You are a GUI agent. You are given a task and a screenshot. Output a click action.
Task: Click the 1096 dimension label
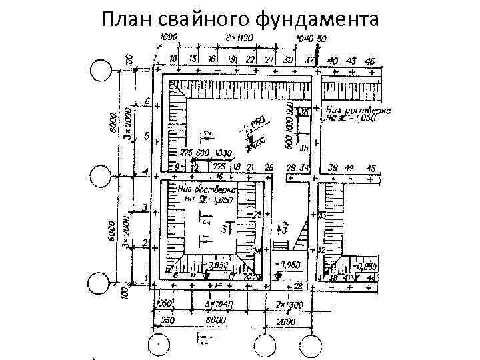(x=169, y=39)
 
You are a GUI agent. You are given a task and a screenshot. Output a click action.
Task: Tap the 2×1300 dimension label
(x=289, y=305)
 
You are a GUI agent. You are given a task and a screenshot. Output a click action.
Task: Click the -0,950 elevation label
(x=291, y=265)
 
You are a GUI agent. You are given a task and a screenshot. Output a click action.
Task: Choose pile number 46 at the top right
(x=369, y=61)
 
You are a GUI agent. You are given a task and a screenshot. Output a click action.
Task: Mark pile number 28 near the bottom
(x=297, y=286)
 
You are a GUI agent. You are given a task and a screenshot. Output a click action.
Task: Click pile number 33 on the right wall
(x=321, y=215)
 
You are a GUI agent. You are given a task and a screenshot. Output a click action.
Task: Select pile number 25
(x=258, y=213)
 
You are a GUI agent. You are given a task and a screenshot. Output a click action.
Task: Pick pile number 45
(x=371, y=167)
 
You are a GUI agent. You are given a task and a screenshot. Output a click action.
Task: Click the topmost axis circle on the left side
(x=101, y=69)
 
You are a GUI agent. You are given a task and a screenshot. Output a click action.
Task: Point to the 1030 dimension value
(x=223, y=153)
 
